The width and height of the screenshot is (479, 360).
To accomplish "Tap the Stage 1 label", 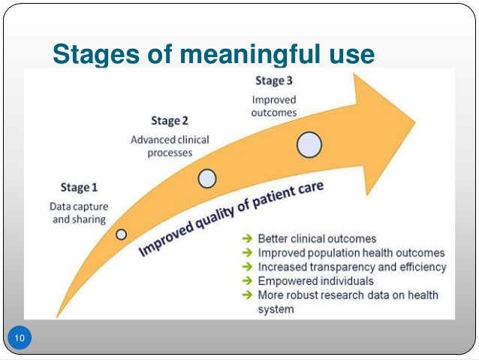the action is [79, 187].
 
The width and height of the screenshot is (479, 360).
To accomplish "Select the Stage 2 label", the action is [170, 120].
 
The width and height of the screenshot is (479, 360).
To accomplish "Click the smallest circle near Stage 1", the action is [121, 234].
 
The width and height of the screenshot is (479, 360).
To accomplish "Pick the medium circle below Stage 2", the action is [207, 178].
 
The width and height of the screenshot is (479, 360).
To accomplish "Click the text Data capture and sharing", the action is [78, 213].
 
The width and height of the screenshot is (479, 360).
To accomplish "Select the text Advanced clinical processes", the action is [170, 146].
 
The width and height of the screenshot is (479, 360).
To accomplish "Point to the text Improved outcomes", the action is [273, 106].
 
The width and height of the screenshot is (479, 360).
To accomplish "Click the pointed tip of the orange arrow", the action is [414, 118].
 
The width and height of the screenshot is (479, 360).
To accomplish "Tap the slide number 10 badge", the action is [20, 340].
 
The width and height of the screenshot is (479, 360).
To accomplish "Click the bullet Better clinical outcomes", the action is [317, 239].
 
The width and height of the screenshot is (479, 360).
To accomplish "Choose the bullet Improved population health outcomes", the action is [351, 253].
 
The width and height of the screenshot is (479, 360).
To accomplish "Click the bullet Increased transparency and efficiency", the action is [352, 267].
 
